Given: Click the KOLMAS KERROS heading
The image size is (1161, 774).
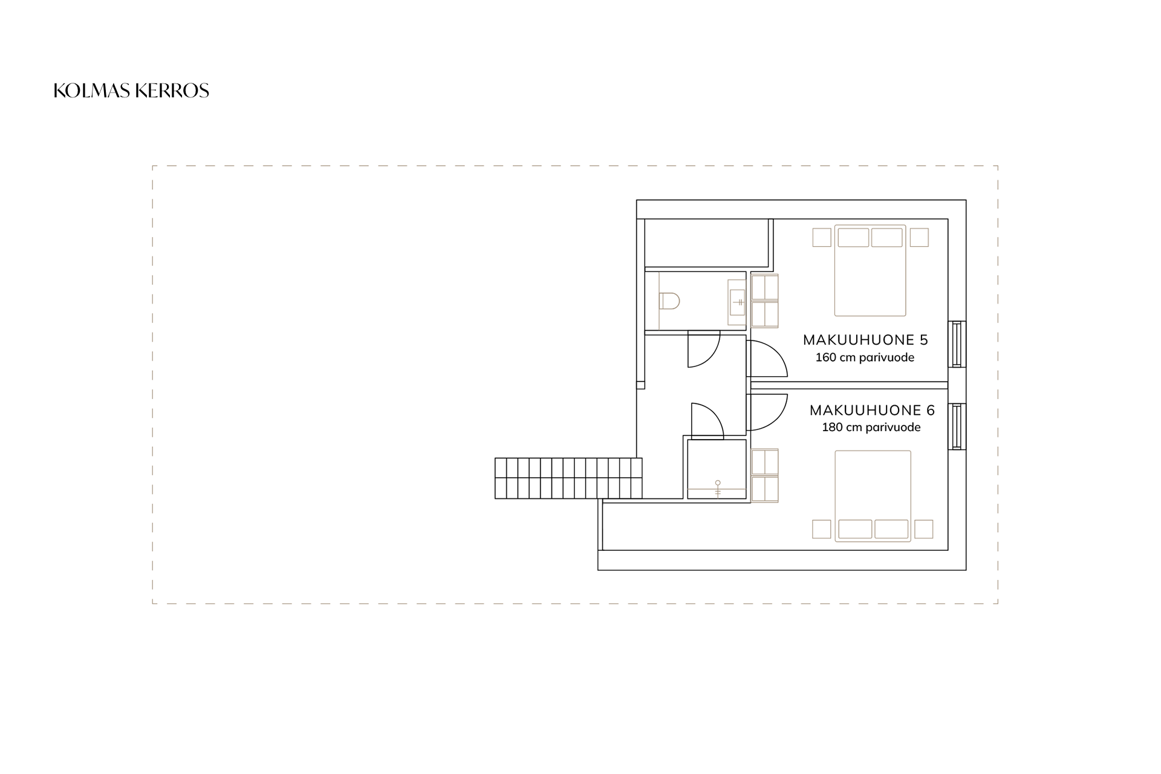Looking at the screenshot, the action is pyautogui.click(x=131, y=91).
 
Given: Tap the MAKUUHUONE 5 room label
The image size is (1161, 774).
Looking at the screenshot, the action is pyautogui.click(x=865, y=340).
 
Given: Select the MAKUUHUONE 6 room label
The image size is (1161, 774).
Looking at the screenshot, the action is pyautogui.click(x=872, y=410).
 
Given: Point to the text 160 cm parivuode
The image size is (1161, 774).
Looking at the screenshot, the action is pyautogui.click(x=865, y=357).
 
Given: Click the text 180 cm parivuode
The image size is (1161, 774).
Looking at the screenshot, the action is pyautogui.click(x=871, y=428).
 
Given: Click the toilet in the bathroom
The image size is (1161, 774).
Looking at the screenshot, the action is pyautogui.click(x=669, y=301).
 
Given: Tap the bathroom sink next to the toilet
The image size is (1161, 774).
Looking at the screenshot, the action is pyautogui.click(x=737, y=301).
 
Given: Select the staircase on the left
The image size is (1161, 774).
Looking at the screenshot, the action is pyautogui.click(x=568, y=478).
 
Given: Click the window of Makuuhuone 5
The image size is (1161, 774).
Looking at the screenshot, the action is pyautogui.click(x=956, y=344).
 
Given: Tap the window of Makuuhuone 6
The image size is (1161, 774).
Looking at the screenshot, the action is pyautogui.click(x=956, y=427).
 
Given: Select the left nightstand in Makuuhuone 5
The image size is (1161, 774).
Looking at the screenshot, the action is pyautogui.click(x=822, y=237).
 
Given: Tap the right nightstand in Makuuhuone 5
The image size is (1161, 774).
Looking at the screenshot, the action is pyautogui.click(x=919, y=237).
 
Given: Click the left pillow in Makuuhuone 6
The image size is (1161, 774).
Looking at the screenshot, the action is pyautogui.click(x=855, y=529).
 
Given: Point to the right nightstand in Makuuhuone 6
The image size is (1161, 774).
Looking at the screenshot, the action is pyautogui.click(x=923, y=529).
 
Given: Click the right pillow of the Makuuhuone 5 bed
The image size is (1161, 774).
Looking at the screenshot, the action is pyautogui.click(x=887, y=238).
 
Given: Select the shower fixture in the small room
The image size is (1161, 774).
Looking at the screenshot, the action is pyautogui.click(x=718, y=489).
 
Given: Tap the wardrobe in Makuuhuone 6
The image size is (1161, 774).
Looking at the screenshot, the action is pyautogui.click(x=765, y=476).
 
